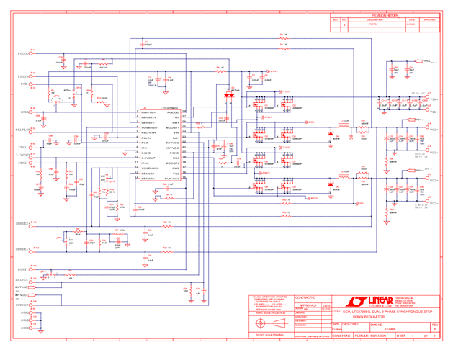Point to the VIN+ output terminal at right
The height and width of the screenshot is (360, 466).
point(434,100)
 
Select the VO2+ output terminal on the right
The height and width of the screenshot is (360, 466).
point(434,153)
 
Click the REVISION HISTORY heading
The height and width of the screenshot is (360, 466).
point(385,14)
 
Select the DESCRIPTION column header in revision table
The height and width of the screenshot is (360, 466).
point(373,20)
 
